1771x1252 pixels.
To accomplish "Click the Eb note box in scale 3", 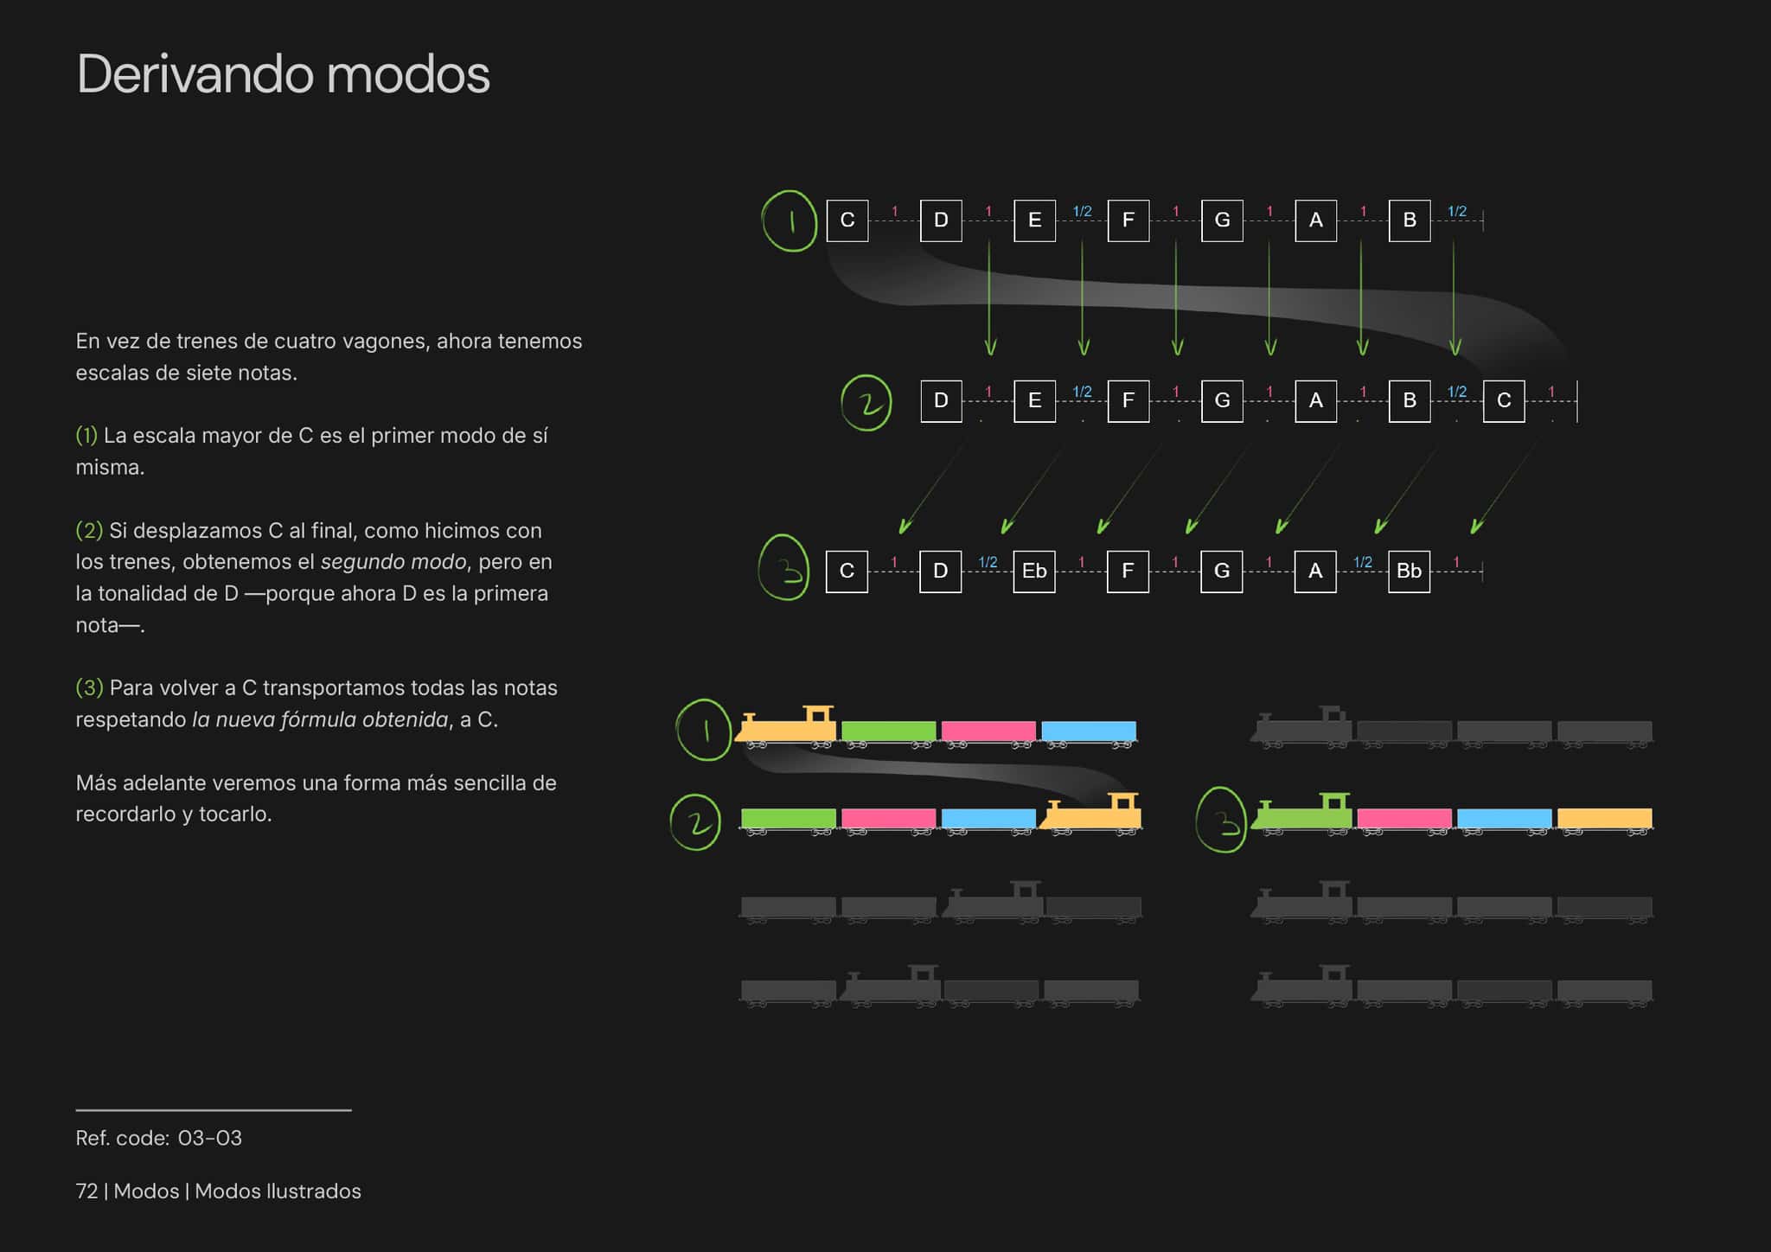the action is pyautogui.click(x=1034, y=571).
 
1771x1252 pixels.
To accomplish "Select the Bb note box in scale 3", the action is pyautogui.click(x=1409, y=571).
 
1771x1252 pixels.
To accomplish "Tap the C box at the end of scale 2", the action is pyautogui.click(x=1504, y=400).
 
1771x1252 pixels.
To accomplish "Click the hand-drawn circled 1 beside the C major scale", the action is pyautogui.click(x=790, y=221).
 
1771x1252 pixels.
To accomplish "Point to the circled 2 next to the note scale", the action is pyautogui.click(x=866, y=403).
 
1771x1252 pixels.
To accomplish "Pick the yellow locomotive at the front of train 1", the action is pyautogui.click(x=785, y=726).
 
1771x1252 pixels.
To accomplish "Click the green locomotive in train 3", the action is pyautogui.click(x=1301, y=814).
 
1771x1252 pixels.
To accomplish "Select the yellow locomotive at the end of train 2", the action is pyautogui.click(x=1090, y=814).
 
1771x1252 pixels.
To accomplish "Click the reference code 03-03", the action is pyautogui.click(x=209, y=1138).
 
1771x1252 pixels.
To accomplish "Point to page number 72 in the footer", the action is pyautogui.click(x=86, y=1191).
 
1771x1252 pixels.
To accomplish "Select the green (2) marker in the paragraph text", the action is pyautogui.click(x=89, y=530).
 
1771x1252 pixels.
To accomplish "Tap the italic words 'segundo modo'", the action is pyautogui.click(x=393, y=562).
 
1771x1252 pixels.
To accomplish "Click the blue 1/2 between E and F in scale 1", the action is pyautogui.click(x=1082, y=211).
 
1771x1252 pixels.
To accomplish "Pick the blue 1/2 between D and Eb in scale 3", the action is pyautogui.click(x=988, y=562).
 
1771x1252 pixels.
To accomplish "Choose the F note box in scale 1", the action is pyautogui.click(x=1128, y=220).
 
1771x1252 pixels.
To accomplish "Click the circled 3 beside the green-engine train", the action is pyautogui.click(x=1221, y=820).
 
